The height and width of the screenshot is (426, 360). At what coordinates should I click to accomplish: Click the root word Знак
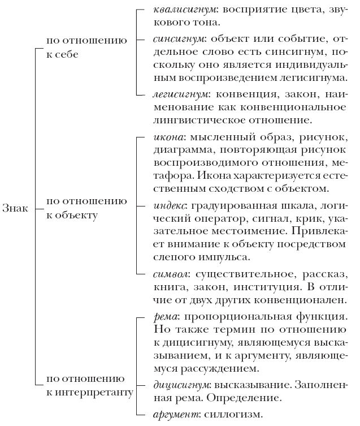click(x=14, y=208)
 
